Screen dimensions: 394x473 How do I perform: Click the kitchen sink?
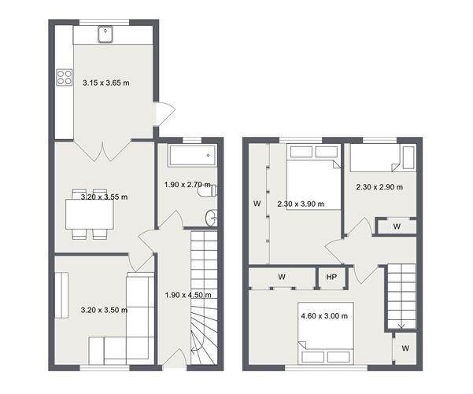point(105,34)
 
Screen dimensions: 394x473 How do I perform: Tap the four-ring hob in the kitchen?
point(63,77)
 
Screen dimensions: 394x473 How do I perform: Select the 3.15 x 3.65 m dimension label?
point(106,80)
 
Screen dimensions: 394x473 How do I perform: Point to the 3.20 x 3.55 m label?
point(104,197)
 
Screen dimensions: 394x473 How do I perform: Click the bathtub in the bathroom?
point(187,154)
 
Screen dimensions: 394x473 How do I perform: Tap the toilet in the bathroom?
point(207,190)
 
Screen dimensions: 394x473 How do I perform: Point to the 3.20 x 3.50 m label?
point(104,310)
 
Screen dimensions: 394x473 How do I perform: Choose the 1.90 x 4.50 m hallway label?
point(187,295)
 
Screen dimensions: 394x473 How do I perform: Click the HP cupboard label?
point(331,277)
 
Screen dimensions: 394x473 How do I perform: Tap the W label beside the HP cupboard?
point(282,277)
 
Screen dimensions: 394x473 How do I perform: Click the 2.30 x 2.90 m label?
point(379,187)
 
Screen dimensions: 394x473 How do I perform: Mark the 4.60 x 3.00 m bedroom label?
point(323,315)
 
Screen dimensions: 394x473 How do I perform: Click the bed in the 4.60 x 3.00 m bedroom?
point(324,344)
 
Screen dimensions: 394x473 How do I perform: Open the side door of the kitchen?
point(164,114)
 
